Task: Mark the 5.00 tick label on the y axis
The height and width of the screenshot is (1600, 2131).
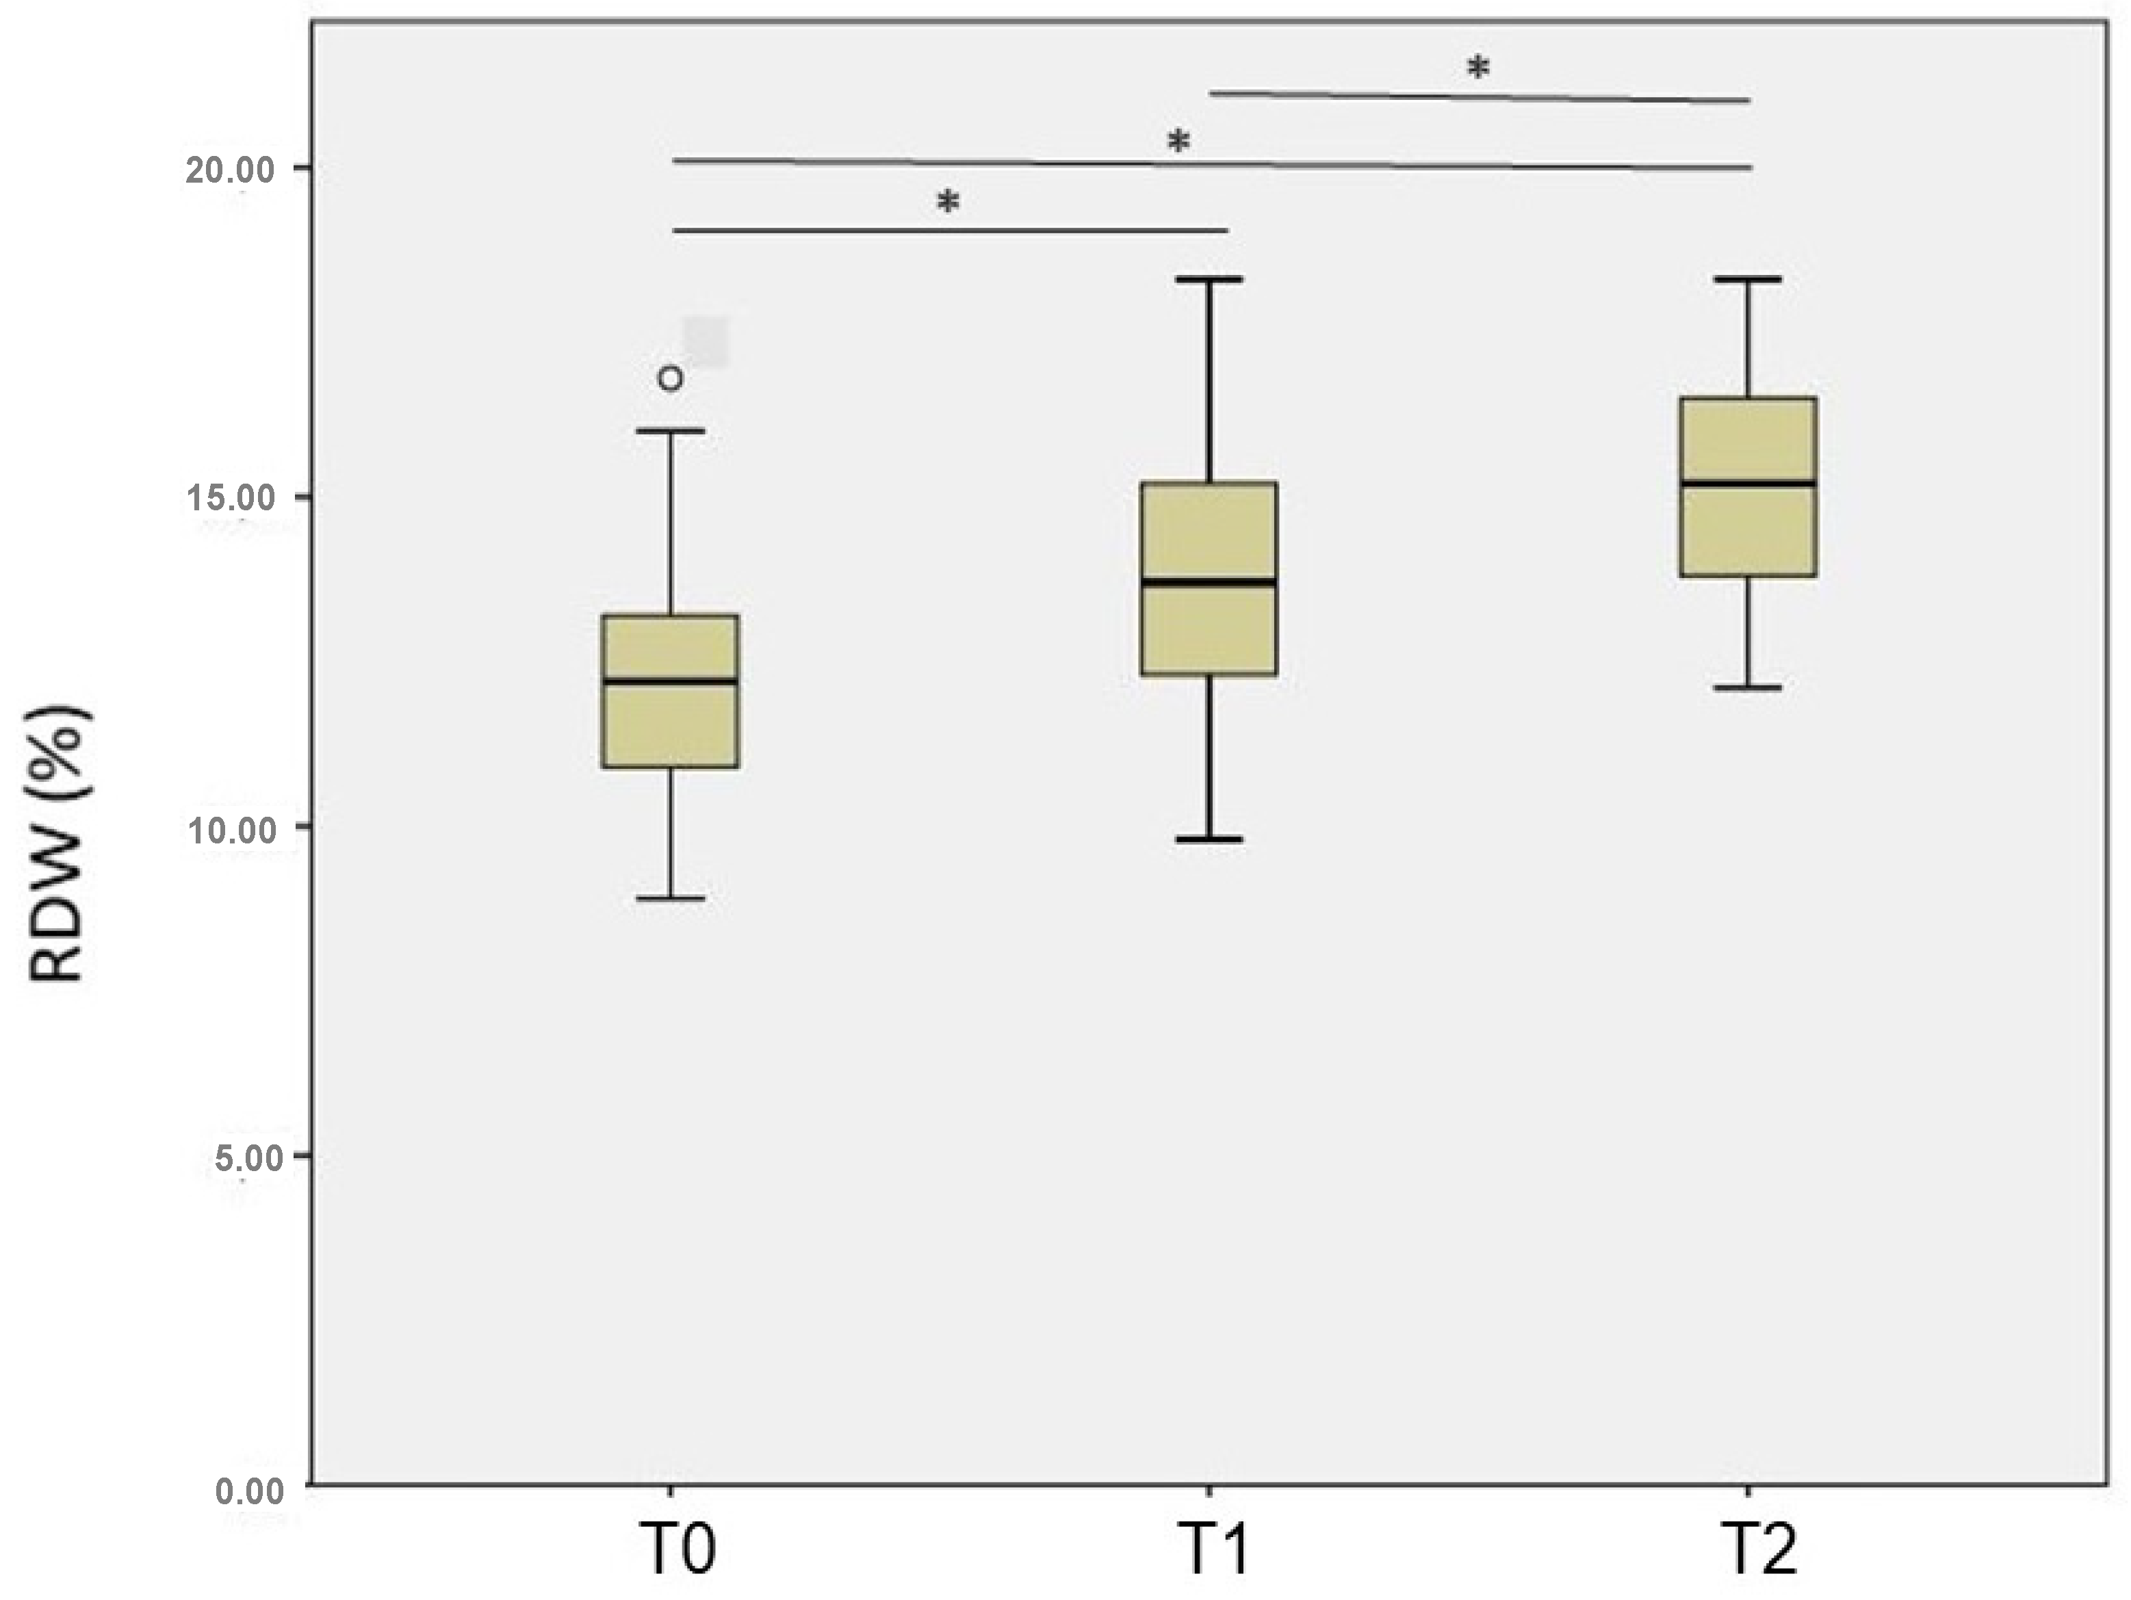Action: (248, 1158)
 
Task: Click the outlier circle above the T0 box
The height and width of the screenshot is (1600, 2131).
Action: (671, 378)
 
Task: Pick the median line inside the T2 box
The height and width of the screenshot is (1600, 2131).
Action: (1748, 483)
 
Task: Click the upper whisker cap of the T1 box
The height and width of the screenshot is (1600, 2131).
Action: (1209, 279)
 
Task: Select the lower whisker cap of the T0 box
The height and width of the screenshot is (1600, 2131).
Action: (671, 897)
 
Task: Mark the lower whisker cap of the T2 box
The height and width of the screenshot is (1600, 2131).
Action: (1748, 687)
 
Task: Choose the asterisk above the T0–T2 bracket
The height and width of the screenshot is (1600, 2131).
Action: (1178, 142)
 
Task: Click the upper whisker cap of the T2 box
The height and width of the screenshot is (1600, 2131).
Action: (1748, 279)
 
